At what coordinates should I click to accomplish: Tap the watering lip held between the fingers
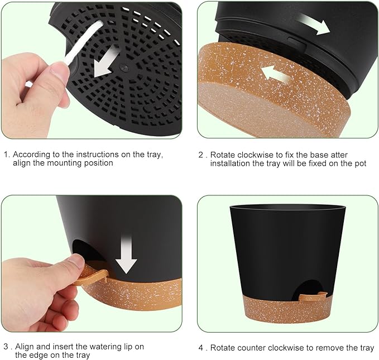click(x=92, y=275)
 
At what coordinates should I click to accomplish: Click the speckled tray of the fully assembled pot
click(x=288, y=313)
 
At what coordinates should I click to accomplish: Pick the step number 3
click(x=6, y=347)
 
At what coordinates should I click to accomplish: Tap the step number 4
click(x=201, y=348)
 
